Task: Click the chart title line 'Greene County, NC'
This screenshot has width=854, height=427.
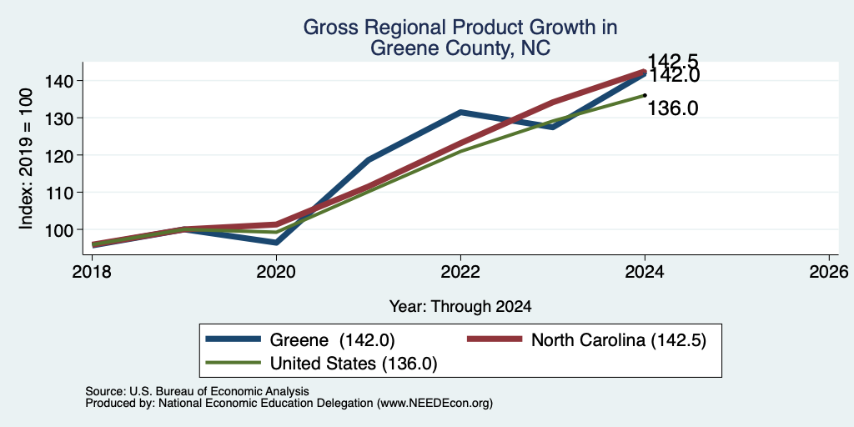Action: [460, 49]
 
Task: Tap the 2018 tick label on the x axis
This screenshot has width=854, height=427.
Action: [92, 271]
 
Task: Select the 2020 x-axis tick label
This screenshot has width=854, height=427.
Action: [276, 271]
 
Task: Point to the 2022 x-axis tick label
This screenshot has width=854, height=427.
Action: [460, 271]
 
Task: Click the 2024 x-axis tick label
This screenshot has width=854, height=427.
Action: [645, 271]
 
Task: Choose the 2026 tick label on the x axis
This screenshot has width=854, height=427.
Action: [829, 271]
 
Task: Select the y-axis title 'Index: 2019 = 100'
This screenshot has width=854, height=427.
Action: [26, 159]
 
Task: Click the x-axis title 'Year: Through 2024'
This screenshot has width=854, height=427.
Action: [460, 307]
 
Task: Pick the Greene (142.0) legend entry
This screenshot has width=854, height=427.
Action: [300, 340]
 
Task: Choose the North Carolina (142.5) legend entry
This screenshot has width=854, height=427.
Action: [587, 340]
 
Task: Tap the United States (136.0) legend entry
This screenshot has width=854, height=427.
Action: [321, 364]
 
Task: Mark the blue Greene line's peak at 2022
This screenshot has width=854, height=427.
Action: [460, 112]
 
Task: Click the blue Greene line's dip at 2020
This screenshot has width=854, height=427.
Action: [276, 243]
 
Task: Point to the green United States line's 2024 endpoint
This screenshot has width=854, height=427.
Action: [645, 95]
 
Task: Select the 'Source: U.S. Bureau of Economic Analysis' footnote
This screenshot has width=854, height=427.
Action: [197, 391]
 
